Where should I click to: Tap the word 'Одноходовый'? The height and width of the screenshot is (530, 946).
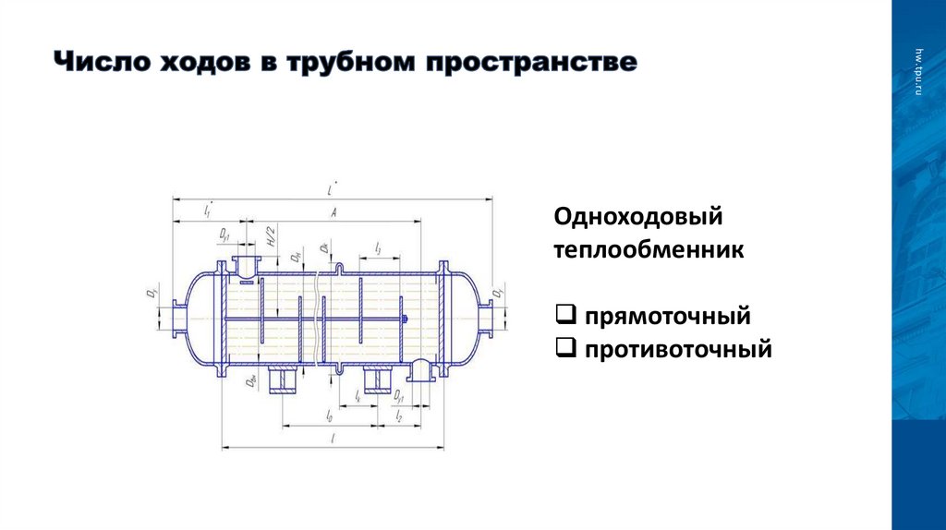(637, 220)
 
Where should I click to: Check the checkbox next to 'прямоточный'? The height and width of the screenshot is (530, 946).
(565, 317)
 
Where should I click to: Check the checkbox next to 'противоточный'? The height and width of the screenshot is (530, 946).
(565, 349)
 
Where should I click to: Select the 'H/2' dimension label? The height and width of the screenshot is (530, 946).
(272, 236)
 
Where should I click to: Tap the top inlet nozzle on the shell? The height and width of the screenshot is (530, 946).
(246, 262)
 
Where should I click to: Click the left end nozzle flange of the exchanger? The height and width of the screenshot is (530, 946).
(173, 319)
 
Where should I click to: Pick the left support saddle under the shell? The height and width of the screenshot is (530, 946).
(283, 381)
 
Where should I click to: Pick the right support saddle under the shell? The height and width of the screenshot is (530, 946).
(379, 381)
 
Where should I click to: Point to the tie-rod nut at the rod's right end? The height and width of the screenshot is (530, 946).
(405, 319)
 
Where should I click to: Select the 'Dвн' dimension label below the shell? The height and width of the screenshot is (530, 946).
(251, 381)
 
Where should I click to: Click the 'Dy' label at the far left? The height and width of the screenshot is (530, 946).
(151, 295)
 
